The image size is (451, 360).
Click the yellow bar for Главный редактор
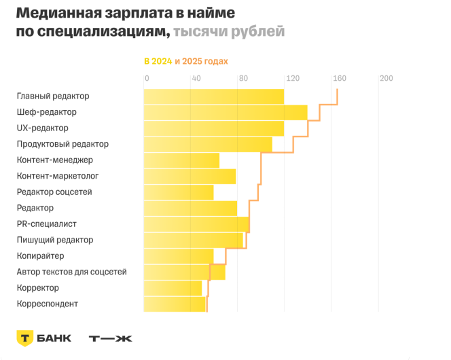click(x=213, y=96)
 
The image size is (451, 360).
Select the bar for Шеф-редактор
click(x=225, y=113)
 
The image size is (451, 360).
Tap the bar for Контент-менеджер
click(x=181, y=160)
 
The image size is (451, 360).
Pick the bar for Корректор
click(x=173, y=288)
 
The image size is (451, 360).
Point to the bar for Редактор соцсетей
click(x=178, y=192)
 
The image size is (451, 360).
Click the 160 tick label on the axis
click(x=339, y=78)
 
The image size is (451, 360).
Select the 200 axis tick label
click(x=386, y=78)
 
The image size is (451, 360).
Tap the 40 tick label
click(x=196, y=78)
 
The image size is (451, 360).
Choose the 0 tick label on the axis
click(x=147, y=78)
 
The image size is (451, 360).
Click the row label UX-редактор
click(x=42, y=128)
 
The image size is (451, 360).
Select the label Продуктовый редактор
click(x=62, y=144)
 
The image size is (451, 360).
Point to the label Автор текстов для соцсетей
click(x=71, y=272)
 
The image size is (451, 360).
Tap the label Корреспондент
click(x=47, y=304)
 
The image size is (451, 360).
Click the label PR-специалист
click(x=46, y=224)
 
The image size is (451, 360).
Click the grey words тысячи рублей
click(x=229, y=32)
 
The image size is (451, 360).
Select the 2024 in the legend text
click(x=162, y=61)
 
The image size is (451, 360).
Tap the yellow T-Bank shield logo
click(x=25, y=338)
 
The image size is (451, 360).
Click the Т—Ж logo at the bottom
click(x=111, y=338)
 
